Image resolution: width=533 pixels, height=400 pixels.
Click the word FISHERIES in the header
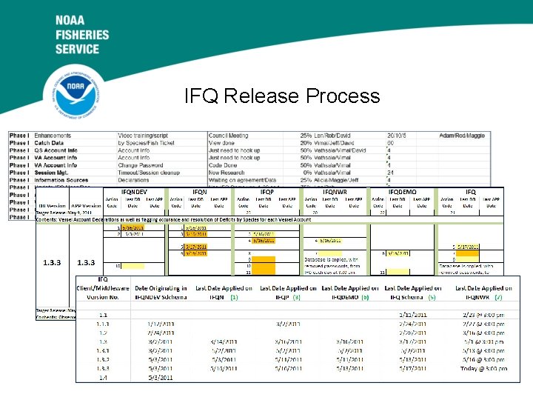tap(81, 34)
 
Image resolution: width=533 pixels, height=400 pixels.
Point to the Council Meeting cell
tap(229, 136)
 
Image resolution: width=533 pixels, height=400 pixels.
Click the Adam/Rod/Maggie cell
tap(461, 136)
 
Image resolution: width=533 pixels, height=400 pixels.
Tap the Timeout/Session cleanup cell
tap(147, 172)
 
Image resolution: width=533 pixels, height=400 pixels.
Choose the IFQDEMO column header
tap(402, 191)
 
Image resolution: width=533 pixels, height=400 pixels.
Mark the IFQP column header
tap(267, 191)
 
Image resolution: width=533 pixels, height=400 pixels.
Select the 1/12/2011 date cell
tap(155, 323)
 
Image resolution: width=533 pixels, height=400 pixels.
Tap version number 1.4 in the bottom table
tap(103, 377)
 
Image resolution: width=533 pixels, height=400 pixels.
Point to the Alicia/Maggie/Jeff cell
tap(340, 179)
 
